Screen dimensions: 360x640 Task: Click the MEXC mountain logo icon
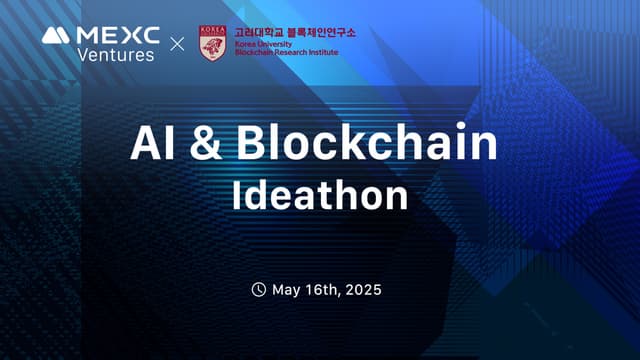click(56, 35)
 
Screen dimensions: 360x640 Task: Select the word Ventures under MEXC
click(116, 54)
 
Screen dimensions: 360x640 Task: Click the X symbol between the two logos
click(178, 45)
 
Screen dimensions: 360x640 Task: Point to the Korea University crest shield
click(212, 43)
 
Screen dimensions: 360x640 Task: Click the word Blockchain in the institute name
click(254, 53)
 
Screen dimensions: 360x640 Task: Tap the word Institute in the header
click(324, 53)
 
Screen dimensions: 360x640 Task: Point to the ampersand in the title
click(206, 146)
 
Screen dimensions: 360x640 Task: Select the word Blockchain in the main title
click(367, 145)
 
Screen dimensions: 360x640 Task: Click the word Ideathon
click(320, 195)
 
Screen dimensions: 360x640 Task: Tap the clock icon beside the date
click(258, 290)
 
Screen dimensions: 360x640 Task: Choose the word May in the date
click(288, 291)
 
